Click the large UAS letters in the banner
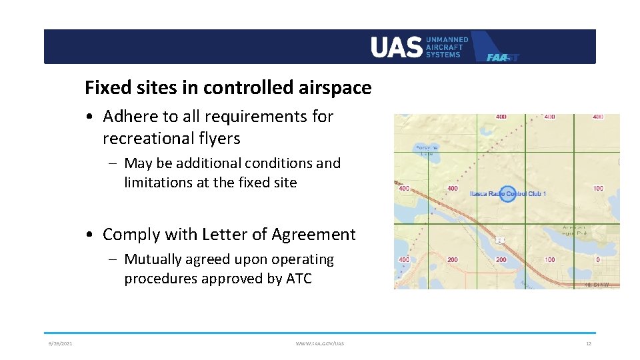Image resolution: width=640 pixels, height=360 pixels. (397, 47)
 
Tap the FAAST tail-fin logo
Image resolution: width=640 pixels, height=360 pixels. (496, 48)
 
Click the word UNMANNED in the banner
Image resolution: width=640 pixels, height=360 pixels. (447, 39)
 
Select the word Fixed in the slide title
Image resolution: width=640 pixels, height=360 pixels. (105, 87)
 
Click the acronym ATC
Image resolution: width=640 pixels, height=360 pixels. (299, 279)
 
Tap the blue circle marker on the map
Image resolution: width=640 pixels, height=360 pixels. (508, 194)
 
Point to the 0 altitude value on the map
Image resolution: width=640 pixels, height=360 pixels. (597, 259)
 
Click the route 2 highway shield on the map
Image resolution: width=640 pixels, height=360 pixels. (499, 240)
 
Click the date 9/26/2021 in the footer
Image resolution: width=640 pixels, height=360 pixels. (60, 343)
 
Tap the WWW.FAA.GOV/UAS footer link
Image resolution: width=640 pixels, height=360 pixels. (320, 343)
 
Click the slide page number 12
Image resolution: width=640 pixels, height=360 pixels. (588, 343)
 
